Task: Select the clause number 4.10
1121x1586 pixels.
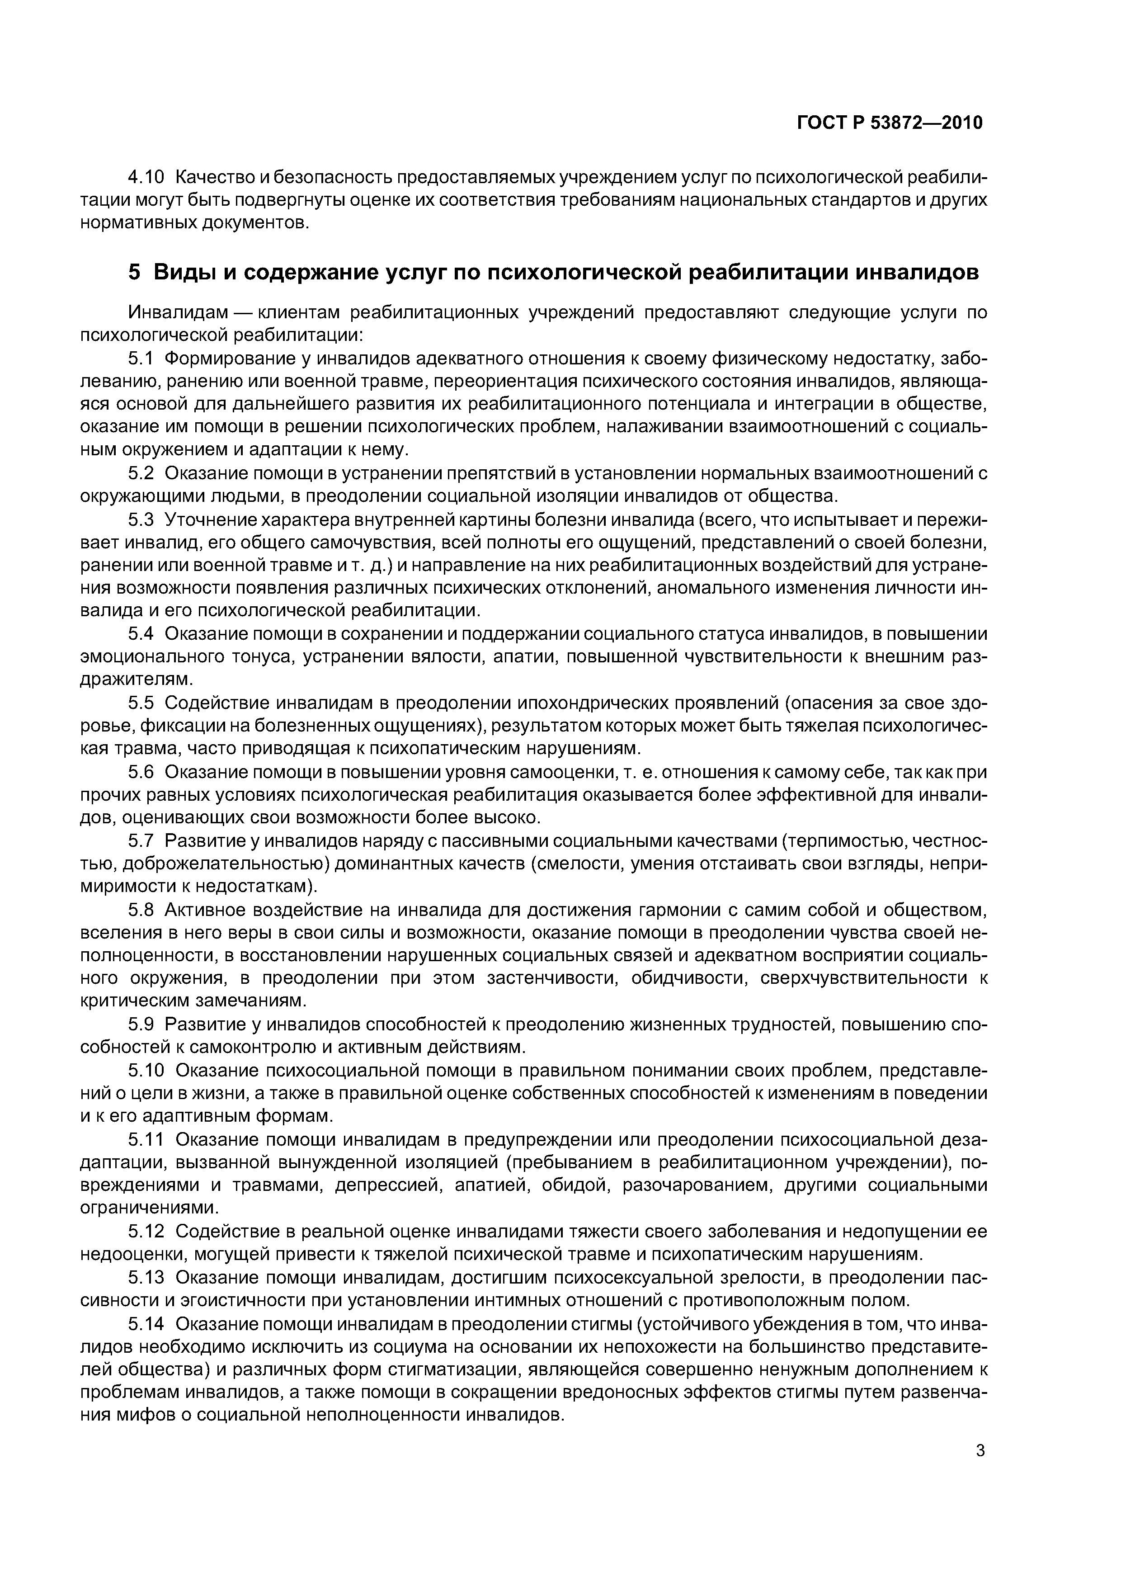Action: click(x=146, y=178)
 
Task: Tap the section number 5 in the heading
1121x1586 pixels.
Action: click(x=134, y=272)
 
